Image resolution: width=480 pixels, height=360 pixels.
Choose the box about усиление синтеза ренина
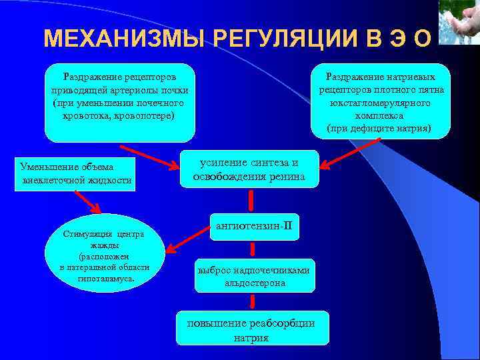(x=249, y=169)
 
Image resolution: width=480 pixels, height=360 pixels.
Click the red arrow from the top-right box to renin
(x=343, y=159)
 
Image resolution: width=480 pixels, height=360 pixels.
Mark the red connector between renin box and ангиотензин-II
(x=252, y=200)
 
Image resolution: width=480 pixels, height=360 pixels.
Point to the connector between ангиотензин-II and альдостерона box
(x=252, y=250)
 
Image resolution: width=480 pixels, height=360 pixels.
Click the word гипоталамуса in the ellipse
(x=106, y=277)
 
